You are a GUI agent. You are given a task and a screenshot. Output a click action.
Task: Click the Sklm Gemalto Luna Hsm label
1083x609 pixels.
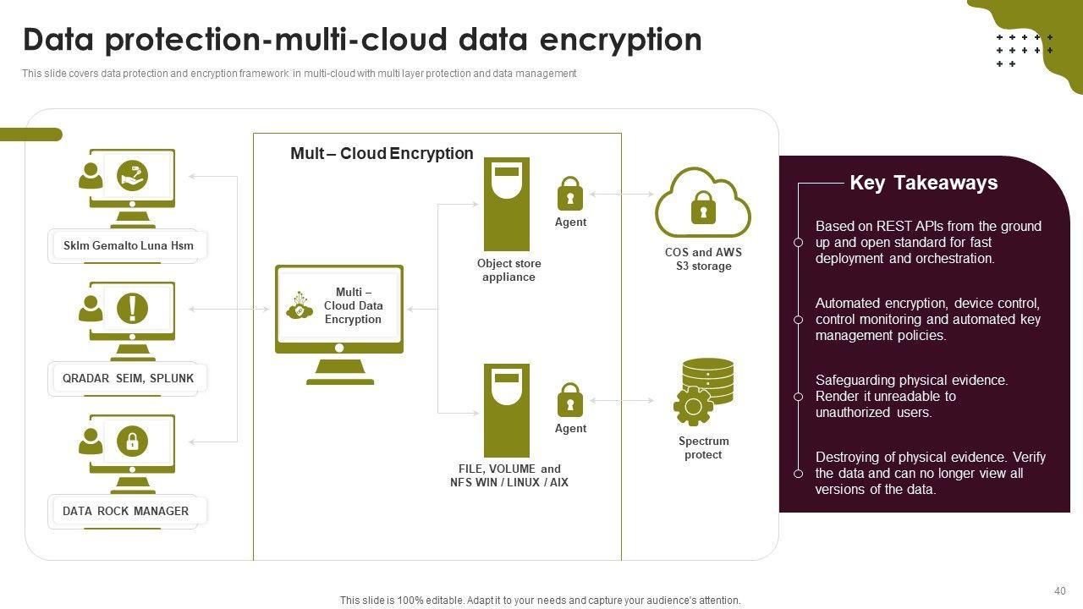tap(128, 246)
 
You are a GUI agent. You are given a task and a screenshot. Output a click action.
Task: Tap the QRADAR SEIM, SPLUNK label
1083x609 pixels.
tap(128, 378)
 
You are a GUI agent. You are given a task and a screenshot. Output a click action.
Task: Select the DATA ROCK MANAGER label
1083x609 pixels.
tap(125, 511)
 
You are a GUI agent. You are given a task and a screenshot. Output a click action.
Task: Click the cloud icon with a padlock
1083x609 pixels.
tap(702, 203)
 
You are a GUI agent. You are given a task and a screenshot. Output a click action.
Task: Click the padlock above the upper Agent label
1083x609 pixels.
tap(570, 194)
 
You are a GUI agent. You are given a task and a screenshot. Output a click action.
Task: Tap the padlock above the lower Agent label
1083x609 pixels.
tap(570, 400)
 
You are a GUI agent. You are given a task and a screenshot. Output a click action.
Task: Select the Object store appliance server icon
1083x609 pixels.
tap(506, 204)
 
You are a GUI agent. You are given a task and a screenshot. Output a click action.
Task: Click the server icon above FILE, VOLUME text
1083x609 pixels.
tap(506, 410)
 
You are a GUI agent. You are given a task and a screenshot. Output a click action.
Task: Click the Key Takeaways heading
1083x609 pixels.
tap(923, 183)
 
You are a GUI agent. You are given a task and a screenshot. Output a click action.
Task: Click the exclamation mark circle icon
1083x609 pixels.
tap(132, 308)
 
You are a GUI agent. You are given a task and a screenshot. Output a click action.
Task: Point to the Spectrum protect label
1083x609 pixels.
tap(703, 447)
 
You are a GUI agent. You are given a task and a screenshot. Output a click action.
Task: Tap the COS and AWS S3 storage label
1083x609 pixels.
tap(703, 259)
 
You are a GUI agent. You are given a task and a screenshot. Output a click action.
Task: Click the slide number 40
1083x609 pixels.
tap(1060, 591)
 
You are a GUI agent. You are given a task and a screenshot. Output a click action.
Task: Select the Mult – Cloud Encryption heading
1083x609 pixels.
tap(382, 153)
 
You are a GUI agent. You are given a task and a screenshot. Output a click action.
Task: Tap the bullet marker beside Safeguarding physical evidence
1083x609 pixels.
tap(798, 397)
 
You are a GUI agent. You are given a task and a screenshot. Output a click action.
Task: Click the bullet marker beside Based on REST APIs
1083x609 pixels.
tap(798, 243)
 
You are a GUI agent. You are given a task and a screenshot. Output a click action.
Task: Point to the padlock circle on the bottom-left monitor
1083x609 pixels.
tap(132, 441)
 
